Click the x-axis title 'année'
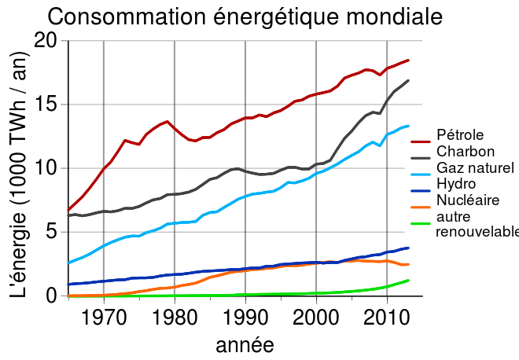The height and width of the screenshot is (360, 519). coord(245,343)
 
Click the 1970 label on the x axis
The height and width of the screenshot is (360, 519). coord(104,318)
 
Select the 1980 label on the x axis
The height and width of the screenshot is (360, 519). coord(175,318)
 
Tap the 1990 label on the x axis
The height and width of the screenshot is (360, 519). coord(245,318)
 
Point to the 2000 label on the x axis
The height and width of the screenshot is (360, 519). coord(316,318)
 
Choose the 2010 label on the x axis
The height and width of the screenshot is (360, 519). coord(387,318)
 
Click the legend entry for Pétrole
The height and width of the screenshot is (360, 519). coord(459,135)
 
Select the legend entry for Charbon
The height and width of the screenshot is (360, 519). coord(465,151)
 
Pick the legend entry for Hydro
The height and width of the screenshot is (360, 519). coord(455,183)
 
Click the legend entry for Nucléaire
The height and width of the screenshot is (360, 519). coord(466,200)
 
